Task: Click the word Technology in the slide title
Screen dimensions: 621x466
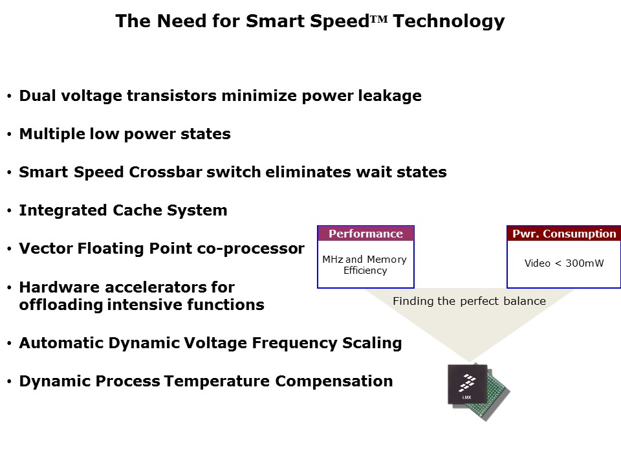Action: pos(449,21)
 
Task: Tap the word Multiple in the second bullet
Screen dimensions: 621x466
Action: pos(52,135)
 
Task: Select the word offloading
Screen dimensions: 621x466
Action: pos(61,305)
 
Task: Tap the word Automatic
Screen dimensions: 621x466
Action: pos(61,343)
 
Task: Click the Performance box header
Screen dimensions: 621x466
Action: pos(365,234)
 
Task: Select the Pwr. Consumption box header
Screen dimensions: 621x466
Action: pos(563,234)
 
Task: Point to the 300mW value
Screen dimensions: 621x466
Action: pos(585,263)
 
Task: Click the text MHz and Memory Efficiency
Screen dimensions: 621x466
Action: pos(365,265)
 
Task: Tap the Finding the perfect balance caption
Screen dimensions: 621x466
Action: pos(470,301)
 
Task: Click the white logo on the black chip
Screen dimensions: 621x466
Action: pos(467,383)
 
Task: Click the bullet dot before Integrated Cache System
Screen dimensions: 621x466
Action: pos(9,211)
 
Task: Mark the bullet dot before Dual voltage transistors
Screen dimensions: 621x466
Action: pos(9,96)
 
